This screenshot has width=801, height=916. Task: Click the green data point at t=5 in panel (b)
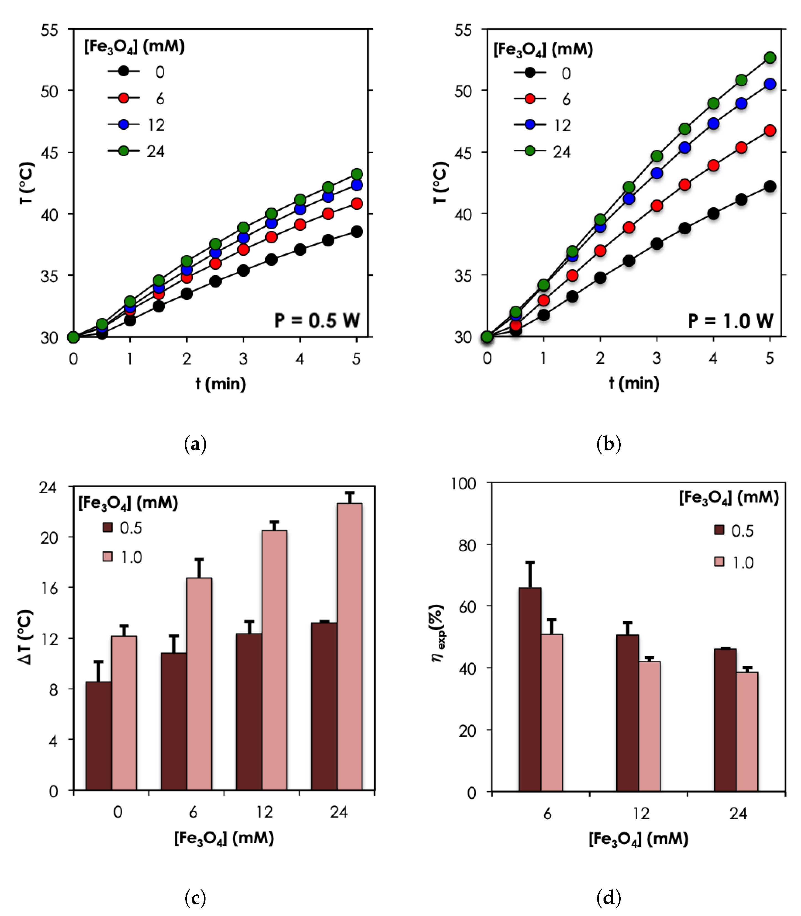click(x=770, y=57)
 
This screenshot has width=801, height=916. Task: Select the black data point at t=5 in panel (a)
click(x=356, y=232)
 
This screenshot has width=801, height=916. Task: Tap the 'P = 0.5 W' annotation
click(x=317, y=321)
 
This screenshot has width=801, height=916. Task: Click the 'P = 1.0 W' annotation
click(x=730, y=321)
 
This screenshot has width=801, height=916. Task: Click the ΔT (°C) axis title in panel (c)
click(x=26, y=637)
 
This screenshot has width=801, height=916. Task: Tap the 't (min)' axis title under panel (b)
click(x=634, y=383)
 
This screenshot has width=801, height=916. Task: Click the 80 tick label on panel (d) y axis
click(x=467, y=545)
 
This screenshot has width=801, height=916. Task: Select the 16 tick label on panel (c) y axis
click(x=49, y=588)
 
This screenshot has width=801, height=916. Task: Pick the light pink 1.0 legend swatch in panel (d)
click(x=719, y=562)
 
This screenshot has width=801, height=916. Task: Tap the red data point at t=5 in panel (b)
click(x=770, y=131)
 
